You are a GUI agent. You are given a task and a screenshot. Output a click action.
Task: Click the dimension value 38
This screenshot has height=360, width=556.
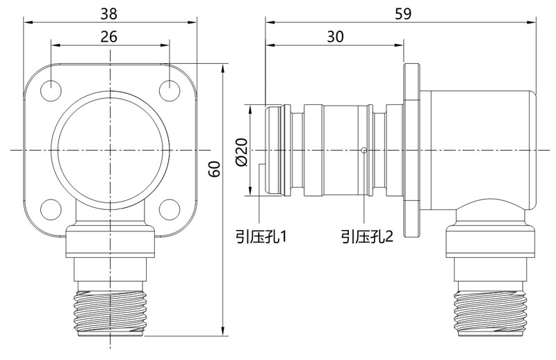click(x=110, y=13)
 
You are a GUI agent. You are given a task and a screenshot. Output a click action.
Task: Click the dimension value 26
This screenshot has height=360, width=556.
click(x=108, y=38)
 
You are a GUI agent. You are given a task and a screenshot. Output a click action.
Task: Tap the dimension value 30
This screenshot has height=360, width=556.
click(x=335, y=38)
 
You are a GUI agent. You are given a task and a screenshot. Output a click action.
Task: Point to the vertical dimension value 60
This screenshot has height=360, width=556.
click(x=215, y=169)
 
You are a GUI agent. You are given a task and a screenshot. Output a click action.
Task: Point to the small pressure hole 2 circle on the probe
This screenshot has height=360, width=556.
click(x=363, y=150)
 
